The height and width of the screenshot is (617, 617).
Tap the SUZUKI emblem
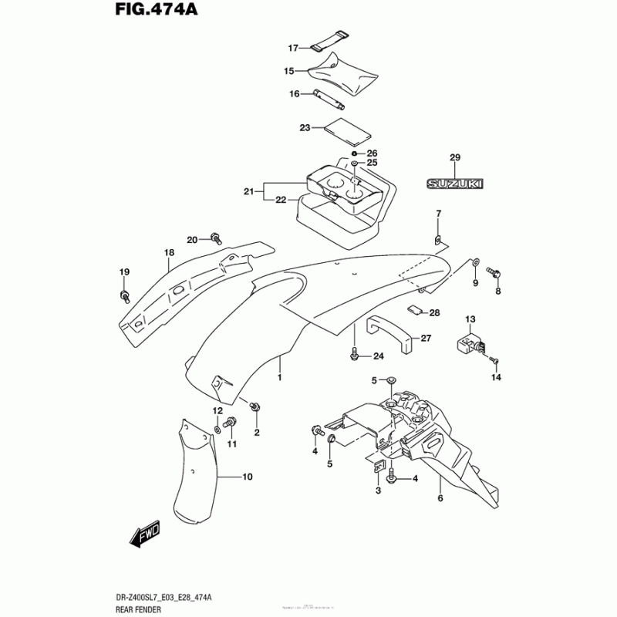click(455, 184)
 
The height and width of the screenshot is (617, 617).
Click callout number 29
click(455, 158)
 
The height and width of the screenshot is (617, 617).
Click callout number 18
click(169, 253)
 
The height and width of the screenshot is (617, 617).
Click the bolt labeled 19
click(124, 295)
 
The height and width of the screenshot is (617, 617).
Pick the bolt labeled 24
click(354, 355)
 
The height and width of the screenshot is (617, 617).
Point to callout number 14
click(497, 377)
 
